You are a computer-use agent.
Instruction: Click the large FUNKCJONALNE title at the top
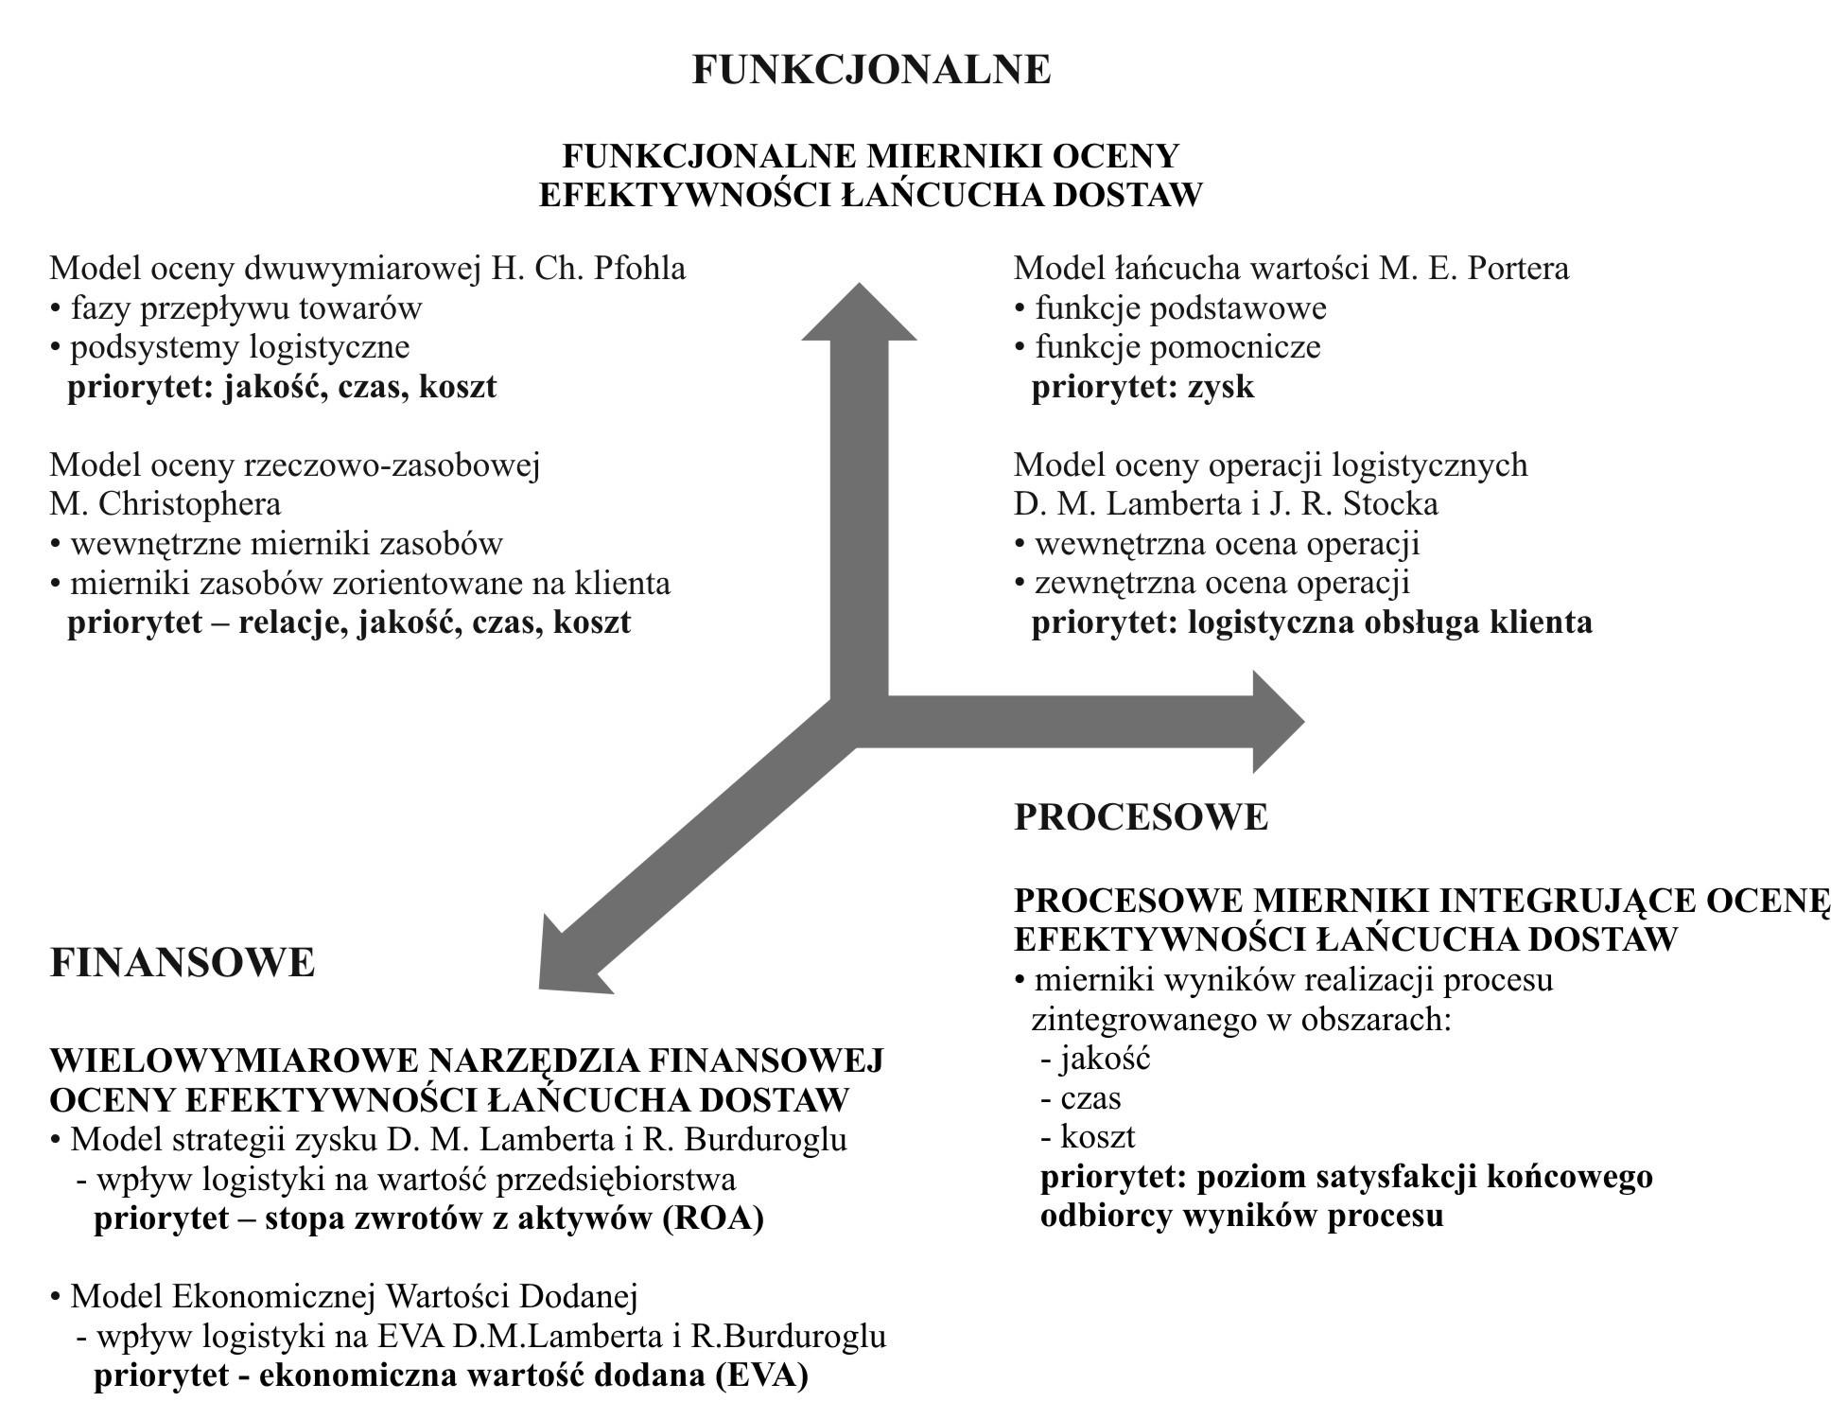(871, 70)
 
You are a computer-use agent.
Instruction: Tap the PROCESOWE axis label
(1141, 816)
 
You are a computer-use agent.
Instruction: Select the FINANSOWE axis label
(183, 963)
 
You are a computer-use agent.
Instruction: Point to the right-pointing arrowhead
(1277, 722)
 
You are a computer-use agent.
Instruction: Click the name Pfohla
(638, 269)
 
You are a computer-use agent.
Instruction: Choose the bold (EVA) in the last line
(761, 1375)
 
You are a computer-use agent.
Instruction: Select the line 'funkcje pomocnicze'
(1177, 347)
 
